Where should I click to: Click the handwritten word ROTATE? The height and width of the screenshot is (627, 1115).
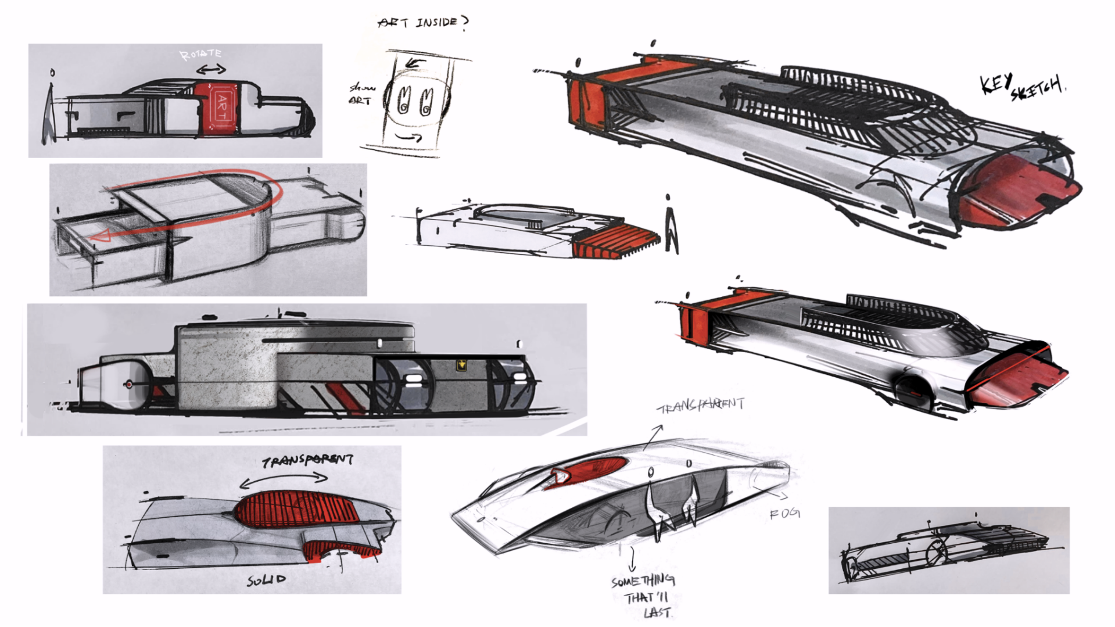tap(200, 55)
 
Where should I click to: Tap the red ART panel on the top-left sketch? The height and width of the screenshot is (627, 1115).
tap(218, 109)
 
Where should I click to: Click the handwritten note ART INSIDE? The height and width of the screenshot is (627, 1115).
tap(422, 23)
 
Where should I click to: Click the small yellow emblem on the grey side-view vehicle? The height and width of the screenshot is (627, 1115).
tap(462, 365)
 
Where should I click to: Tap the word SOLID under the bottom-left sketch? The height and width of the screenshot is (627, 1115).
tap(267, 580)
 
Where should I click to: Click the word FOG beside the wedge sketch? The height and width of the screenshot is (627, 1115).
tap(785, 514)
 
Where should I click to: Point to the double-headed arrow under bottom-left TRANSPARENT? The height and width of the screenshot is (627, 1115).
tap(284, 479)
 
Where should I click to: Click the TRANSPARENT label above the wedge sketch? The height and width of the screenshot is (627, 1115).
tap(701, 404)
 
